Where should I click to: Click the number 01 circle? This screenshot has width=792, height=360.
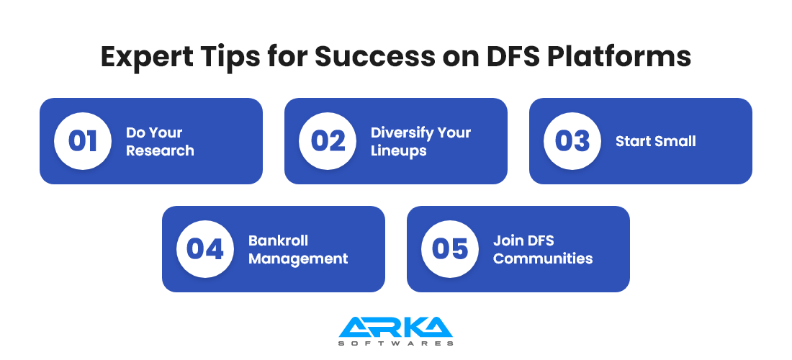(x=83, y=141)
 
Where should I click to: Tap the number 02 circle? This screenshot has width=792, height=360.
(x=328, y=141)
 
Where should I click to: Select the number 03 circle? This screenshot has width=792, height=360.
(x=572, y=141)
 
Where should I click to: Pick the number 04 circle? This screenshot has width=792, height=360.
(x=205, y=249)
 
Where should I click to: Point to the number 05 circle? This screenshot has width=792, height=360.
(x=450, y=249)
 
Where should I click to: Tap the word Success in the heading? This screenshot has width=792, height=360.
(x=374, y=57)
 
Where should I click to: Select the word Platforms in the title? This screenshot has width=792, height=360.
(x=620, y=57)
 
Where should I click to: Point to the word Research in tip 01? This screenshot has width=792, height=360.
(x=160, y=150)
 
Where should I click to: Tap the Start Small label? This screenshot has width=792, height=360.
(x=656, y=141)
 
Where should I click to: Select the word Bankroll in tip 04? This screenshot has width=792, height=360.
(x=279, y=240)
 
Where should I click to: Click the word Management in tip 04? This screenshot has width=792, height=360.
(x=298, y=258)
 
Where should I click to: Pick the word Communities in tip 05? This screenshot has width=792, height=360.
(x=543, y=258)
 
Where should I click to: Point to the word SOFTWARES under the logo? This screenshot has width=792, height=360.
(x=395, y=343)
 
